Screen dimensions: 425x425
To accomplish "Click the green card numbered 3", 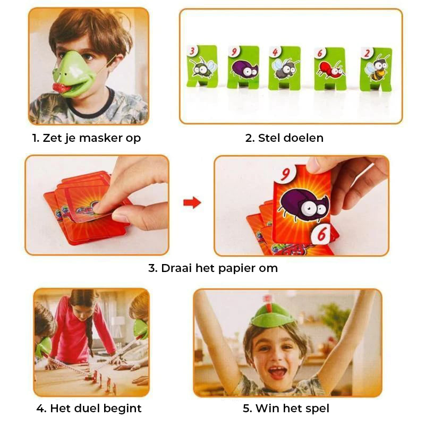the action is click(202, 66).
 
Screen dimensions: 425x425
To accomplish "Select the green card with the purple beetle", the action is click(243, 67).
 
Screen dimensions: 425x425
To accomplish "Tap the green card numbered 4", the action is click(284, 68).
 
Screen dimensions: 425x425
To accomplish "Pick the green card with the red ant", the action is click(329, 69).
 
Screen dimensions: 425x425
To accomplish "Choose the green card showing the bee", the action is click(376, 69).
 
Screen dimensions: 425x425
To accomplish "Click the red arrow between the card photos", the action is click(192, 202).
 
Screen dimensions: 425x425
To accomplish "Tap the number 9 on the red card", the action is click(285, 174).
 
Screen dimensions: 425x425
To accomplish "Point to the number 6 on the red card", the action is click(321, 234).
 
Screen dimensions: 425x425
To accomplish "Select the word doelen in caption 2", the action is click(303, 138).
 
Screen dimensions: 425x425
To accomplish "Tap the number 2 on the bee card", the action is click(367, 53).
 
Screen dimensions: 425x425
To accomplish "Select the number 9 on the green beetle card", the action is click(234, 52).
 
